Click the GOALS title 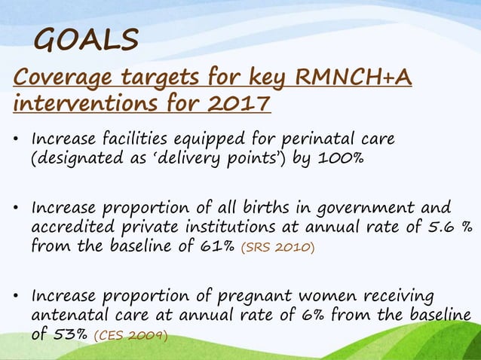point(87,39)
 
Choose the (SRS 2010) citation point(276,246)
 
